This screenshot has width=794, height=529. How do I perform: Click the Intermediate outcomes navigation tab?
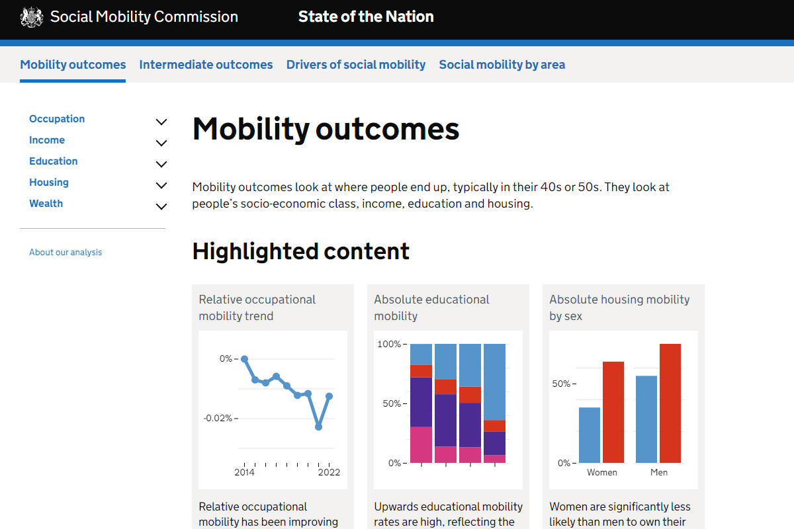point(206,65)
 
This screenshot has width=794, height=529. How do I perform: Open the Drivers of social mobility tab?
point(355,65)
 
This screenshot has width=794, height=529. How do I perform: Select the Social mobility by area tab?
point(502,65)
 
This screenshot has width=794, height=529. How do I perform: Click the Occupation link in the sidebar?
point(57,119)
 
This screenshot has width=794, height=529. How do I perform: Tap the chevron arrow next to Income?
point(161,143)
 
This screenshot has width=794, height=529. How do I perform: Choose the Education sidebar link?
point(53,161)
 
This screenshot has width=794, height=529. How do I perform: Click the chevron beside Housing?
point(161,185)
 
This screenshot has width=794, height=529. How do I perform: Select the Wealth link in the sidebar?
point(46,204)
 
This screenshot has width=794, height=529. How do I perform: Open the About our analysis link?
point(66,252)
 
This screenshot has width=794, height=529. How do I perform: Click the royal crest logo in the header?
point(32,17)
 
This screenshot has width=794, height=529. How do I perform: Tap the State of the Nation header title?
point(366,17)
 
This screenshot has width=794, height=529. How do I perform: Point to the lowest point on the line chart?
point(318,427)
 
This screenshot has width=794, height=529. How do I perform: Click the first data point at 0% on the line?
point(244,359)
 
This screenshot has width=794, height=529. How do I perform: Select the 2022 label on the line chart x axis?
point(329,472)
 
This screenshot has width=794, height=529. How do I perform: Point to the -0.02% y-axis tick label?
point(217,418)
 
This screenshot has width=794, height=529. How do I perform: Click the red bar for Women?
point(613,412)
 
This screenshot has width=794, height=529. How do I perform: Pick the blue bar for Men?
point(646,419)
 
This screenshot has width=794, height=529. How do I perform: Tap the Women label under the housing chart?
point(602,472)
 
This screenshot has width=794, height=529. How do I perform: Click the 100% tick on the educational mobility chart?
point(388,344)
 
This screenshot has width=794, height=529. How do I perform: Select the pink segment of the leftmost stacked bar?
point(421,444)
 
